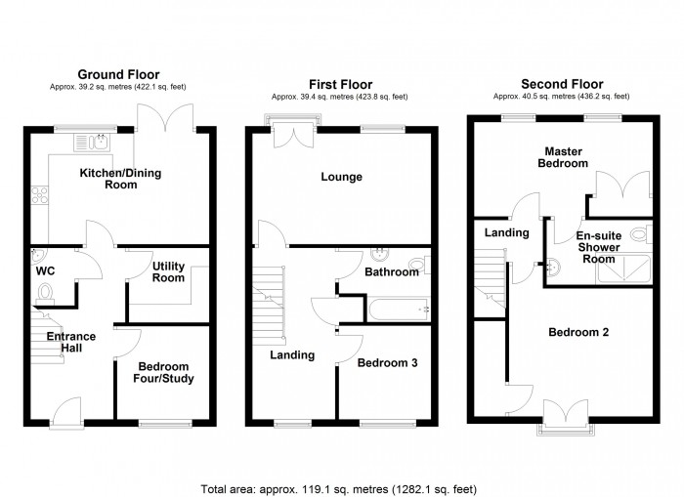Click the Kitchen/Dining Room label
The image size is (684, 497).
[x=120, y=179]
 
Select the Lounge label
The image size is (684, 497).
[x=339, y=178]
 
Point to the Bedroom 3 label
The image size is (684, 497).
[x=387, y=363]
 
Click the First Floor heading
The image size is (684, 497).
[x=339, y=85]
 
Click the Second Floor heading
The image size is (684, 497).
[x=562, y=85]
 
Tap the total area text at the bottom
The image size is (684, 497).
[x=339, y=487]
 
